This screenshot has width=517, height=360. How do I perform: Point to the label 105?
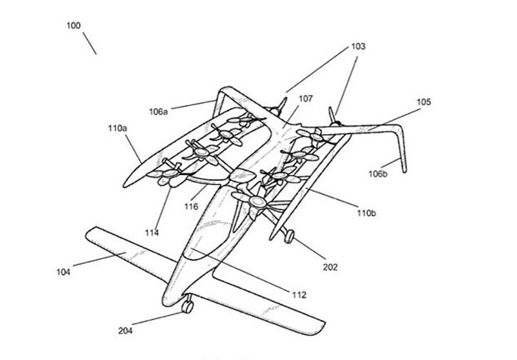click(x=423, y=104)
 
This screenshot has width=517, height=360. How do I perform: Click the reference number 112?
click(x=299, y=293)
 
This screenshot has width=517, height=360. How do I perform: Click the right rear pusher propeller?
click(x=334, y=114)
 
